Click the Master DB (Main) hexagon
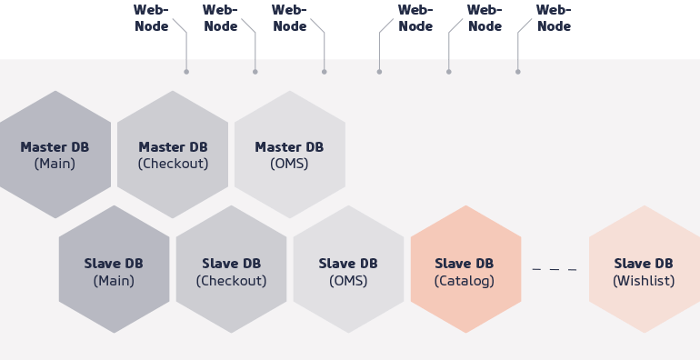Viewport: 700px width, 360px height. click(x=55, y=155)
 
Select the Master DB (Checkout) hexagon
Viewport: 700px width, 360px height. click(x=173, y=155)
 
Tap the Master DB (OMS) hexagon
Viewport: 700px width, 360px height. click(x=289, y=155)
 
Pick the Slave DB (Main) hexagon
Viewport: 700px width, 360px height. click(x=114, y=270)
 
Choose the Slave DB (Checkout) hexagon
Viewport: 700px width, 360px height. click(x=231, y=270)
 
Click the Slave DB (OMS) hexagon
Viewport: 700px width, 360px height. click(x=348, y=270)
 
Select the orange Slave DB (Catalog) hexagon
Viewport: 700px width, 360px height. click(x=465, y=270)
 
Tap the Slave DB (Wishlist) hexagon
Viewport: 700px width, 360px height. click(x=644, y=270)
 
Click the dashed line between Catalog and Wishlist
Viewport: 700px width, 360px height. click(x=555, y=270)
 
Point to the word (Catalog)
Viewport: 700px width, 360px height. click(x=465, y=281)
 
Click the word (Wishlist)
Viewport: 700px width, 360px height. click(x=644, y=281)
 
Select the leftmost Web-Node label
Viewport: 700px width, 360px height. click(x=151, y=18)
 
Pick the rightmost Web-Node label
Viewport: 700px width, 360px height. click(x=554, y=18)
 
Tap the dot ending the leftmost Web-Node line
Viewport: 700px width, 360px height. click(x=186, y=71)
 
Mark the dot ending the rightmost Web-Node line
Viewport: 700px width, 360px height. click(x=518, y=71)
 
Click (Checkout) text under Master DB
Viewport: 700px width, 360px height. click(x=173, y=165)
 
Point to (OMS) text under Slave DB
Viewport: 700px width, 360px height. click(x=348, y=281)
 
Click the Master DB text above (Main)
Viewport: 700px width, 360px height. click(x=55, y=146)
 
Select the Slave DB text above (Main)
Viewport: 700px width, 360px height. click(x=114, y=264)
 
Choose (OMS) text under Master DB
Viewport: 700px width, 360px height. click(x=289, y=165)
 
